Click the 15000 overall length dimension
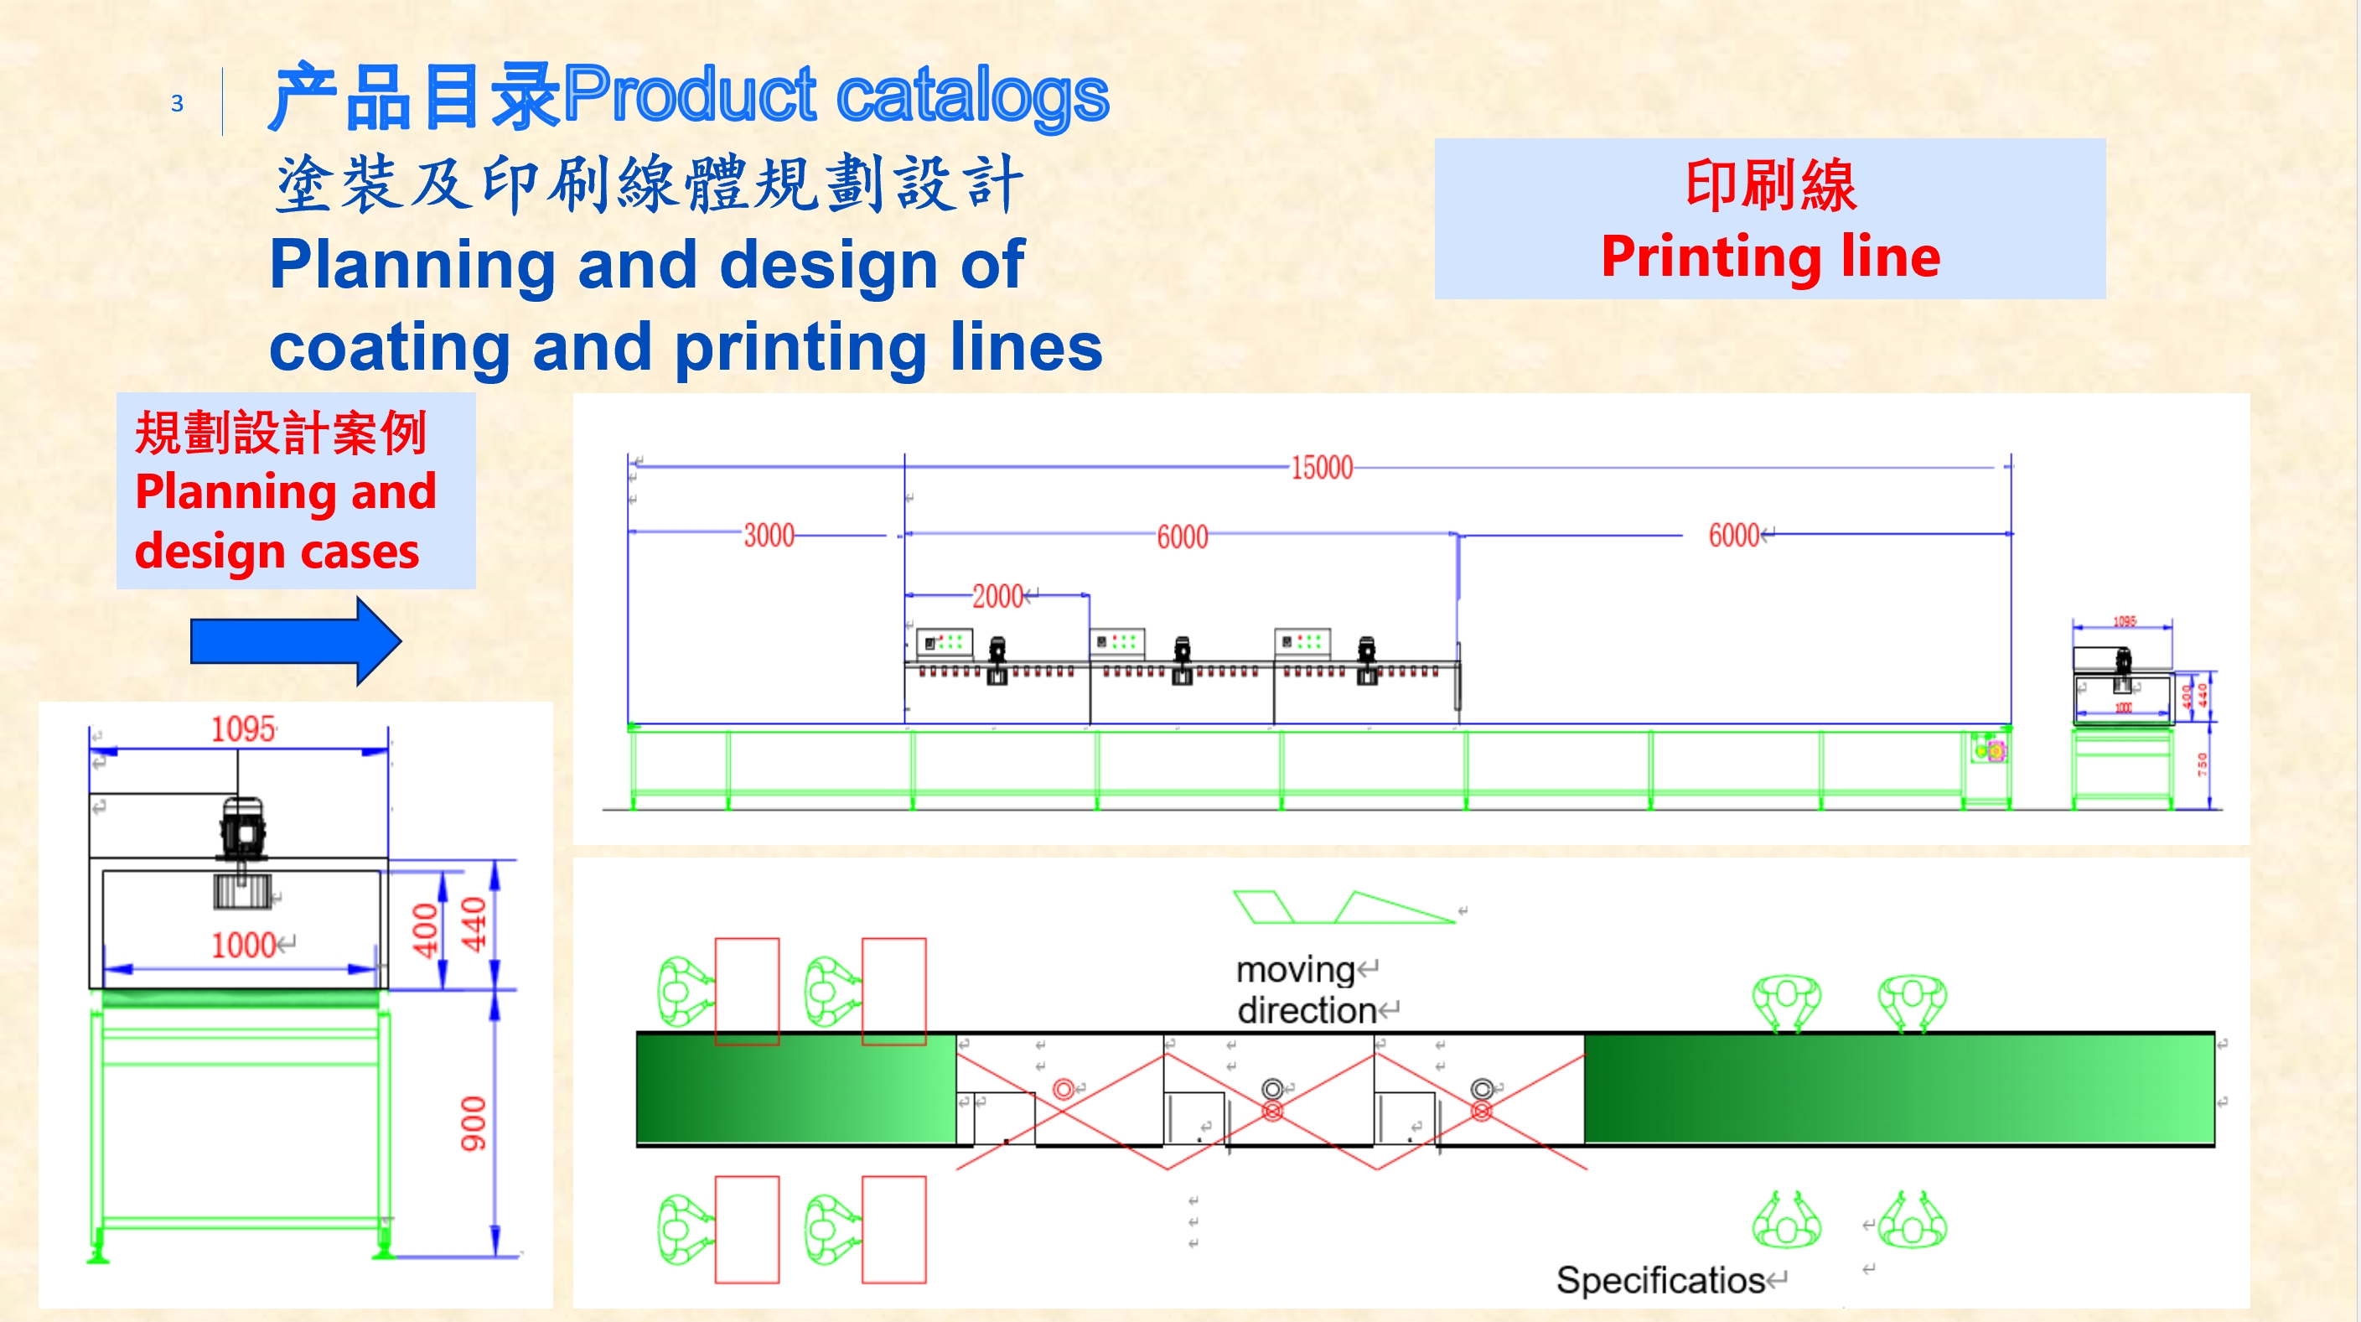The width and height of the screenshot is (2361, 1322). pos(1321,468)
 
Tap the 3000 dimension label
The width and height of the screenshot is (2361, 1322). pos(768,536)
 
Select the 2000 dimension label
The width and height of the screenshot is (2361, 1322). pos(997,597)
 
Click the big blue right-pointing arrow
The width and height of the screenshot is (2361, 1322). pos(295,640)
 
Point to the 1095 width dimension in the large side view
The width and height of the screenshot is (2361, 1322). pos(243,730)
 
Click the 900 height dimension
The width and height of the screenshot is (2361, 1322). pos(473,1122)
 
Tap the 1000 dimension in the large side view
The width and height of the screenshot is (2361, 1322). pos(243,946)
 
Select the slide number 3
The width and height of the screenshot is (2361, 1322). pos(177,104)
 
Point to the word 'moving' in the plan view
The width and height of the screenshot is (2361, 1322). pos(1294,970)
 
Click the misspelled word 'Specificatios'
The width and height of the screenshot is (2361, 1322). pos(1659,1280)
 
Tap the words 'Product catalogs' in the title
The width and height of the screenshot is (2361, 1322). pos(835,95)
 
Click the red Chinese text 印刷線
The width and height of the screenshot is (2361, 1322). pos(1770,185)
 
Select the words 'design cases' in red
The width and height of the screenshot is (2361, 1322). pos(276,552)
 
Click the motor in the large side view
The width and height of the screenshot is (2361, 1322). pos(243,830)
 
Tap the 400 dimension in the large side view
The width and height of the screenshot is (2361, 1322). pos(425,930)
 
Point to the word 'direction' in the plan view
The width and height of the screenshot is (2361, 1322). pos(1306,1010)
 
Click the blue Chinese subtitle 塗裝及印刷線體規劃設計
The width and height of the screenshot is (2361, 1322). pos(648,184)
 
